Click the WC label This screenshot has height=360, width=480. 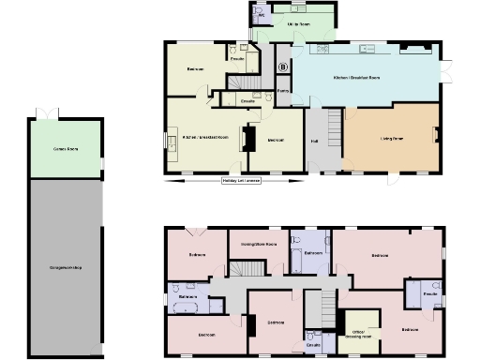pos(262,15)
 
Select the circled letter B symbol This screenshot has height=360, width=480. pos(283,67)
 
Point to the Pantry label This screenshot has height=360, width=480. pos(281,92)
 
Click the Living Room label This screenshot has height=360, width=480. pos(392,138)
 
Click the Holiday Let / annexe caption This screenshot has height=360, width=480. pos(241,180)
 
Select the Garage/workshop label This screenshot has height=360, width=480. pos(66,269)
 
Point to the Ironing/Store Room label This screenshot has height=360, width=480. pos(259,244)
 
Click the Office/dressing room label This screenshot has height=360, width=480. pos(360,333)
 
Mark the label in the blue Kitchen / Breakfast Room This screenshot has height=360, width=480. pos(357,77)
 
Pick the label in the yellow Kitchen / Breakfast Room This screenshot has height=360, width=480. pos(205,138)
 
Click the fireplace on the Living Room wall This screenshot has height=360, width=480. pos(434,134)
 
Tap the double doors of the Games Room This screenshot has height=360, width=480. pos(46,114)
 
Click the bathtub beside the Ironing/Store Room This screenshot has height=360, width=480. pos(296,253)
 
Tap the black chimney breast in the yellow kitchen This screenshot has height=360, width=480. pos(248,139)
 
